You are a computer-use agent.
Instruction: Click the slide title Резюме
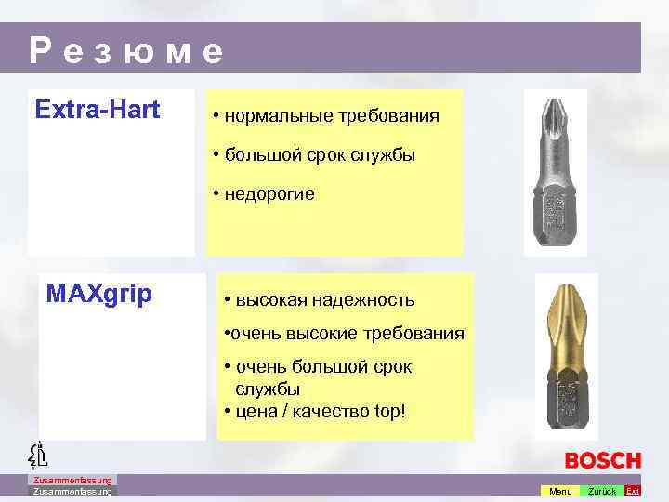[126, 51]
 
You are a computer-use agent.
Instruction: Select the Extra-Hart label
[98, 111]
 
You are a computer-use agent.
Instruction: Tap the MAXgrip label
[99, 295]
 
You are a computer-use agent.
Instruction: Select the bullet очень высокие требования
[344, 334]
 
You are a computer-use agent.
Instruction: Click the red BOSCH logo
[603, 460]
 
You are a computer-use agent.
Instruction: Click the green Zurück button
[601, 491]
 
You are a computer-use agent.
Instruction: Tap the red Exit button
[633, 491]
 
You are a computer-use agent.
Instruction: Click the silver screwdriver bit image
[555, 172]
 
